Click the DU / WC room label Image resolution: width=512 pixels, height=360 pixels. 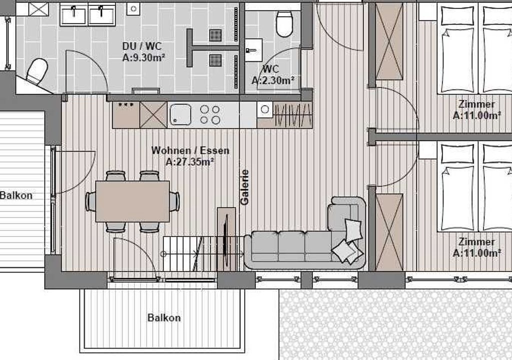click(x=141, y=46)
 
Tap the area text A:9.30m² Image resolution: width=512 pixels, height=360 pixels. click(x=143, y=58)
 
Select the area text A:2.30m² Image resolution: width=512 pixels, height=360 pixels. click(x=273, y=80)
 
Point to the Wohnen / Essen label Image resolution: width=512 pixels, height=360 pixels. click(x=190, y=150)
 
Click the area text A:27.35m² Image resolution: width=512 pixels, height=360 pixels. click(x=189, y=161)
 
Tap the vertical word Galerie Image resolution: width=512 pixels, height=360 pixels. click(x=244, y=187)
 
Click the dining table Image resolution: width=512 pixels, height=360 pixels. click(x=132, y=201)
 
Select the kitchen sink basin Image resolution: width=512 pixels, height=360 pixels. click(x=180, y=114)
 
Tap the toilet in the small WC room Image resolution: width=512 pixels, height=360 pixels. click(x=284, y=24)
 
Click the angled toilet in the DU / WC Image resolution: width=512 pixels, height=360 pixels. click(x=36, y=71)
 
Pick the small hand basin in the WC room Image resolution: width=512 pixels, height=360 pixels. click(x=253, y=50)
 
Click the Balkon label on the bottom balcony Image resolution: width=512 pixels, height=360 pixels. click(x=164, y=318)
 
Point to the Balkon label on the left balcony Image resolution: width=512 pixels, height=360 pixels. click(x=16, y=195)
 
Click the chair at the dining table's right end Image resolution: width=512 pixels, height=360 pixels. click(x=174, y=201)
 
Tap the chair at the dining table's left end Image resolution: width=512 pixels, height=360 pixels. click(x=90, y=201)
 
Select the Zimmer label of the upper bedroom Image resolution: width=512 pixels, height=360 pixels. click(x=476, y=104)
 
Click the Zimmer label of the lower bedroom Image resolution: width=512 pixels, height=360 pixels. click(x=476, y=241)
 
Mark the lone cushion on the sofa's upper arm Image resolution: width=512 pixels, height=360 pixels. click(x=353, y=229)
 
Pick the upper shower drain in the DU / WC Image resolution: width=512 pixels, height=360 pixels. click(x=215, y=35)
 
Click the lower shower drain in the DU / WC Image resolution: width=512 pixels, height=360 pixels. click(x=215, y=60)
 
